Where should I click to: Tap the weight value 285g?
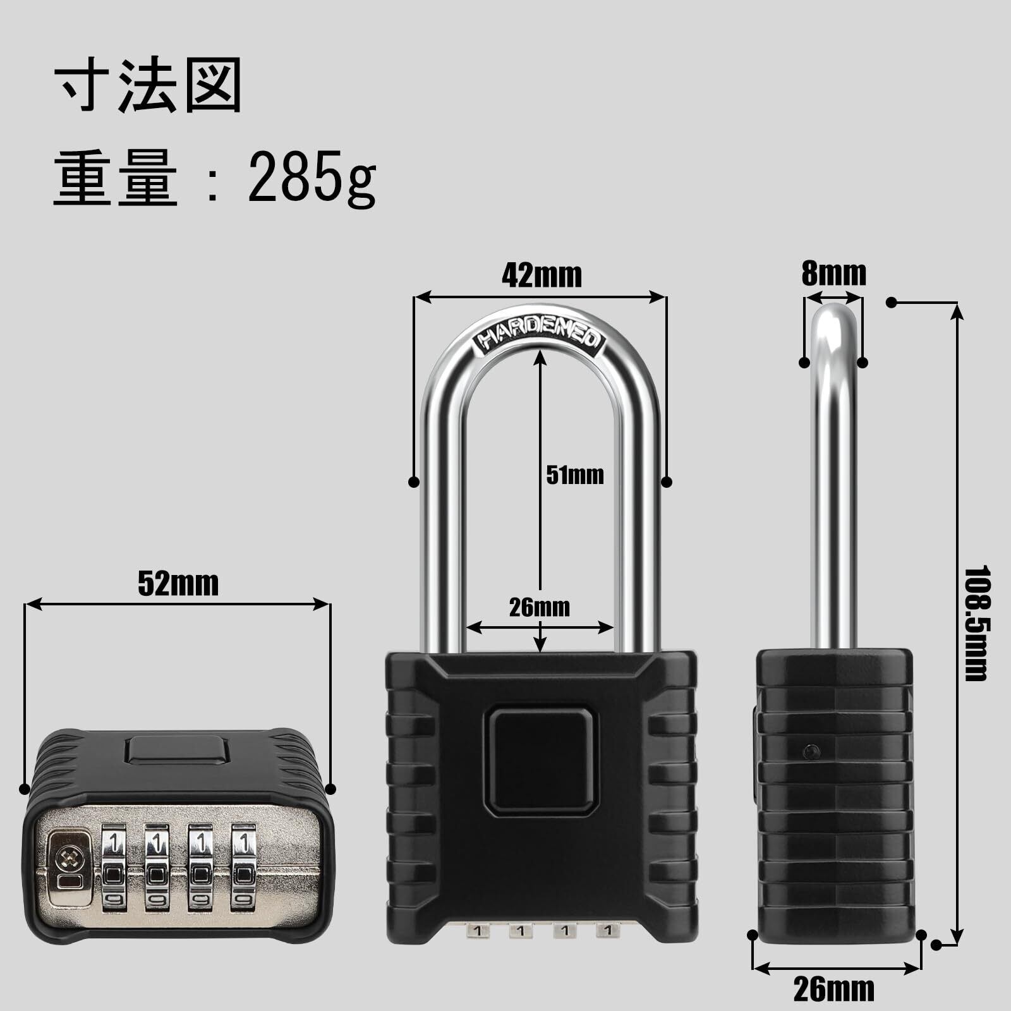click(x=312, y=178)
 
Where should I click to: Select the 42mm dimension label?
click(x=542, y=275)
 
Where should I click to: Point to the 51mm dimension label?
click(x=575, y=475)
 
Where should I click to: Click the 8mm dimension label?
click(x=834, y=274)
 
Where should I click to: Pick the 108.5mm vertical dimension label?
click(x=976, y=623)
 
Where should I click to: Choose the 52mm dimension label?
click(x=178, y=583)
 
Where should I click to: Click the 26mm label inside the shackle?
click(x=540, y=607)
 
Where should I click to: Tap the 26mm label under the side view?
click(x=834, y=990)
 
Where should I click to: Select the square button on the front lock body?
click(x=541, y=761)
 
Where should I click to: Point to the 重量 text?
click(x=116, y=178)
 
